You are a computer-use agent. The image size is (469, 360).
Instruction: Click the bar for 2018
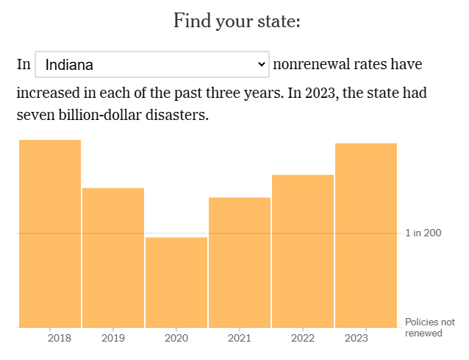tap(50, 233)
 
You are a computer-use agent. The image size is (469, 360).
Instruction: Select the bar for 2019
tap(113, 258)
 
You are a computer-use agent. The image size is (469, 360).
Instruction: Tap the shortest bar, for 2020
tap(176, 282)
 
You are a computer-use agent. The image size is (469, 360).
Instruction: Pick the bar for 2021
tap(240, 262)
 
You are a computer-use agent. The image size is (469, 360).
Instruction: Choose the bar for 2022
tap(303, 251)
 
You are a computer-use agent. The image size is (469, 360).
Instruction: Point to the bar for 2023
tap(366, 235)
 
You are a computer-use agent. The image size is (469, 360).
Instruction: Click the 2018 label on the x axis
tap(60, 339)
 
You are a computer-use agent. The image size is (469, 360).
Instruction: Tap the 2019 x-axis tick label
tap(112, 339)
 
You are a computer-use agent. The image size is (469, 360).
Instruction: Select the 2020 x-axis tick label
tap(176, 339)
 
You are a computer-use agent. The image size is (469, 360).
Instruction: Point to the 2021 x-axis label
tap(240, 339)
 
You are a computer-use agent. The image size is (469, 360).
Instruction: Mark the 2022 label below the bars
tap(303, 339)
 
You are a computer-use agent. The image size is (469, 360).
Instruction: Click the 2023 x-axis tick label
tap(357, 339)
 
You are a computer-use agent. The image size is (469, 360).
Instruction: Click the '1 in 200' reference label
tap(423, 233)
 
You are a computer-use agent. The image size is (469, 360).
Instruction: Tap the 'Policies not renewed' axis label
tap(430, 328)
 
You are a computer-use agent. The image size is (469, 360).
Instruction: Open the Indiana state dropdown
tap(151, 65)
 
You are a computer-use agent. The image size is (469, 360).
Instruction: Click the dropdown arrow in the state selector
tap(261, 65)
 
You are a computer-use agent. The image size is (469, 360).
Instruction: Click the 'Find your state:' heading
tap(237, 21)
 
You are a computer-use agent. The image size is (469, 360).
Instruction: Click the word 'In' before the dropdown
tap(24, 65)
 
